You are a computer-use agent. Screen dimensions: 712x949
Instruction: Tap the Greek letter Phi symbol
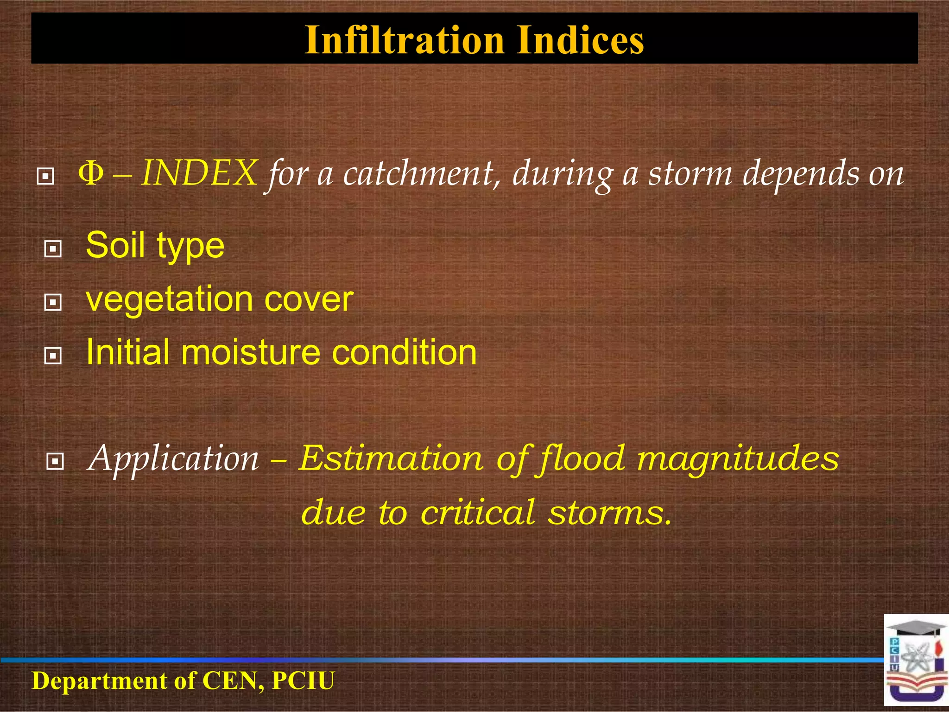tap(91, 173)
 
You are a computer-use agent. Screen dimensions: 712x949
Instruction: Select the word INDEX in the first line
tap(199, 173)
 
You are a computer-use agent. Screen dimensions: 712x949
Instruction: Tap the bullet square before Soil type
tap(53, 249)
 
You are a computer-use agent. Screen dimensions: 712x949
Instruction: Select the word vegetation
tap(170, 299)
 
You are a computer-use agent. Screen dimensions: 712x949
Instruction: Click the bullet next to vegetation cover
tap(53, 303)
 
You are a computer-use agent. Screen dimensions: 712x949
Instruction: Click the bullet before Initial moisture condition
tap(53, 356)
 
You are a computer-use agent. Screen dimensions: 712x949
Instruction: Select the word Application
tap(173, 459)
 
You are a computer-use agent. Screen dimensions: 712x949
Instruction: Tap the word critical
tap(477, 512)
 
